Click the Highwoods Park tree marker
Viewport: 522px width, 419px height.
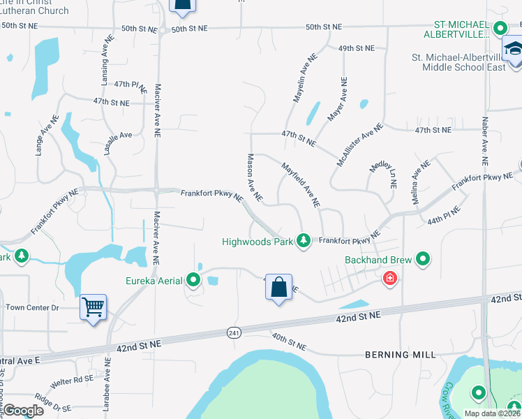[304, 241]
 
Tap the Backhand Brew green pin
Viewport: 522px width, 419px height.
[423, 260]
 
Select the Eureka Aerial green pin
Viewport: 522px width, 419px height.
[193, 281]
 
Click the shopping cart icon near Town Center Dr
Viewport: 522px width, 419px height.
[93, 306]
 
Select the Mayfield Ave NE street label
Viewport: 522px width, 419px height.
[300, 185]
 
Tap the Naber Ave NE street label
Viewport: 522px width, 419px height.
[484, 140]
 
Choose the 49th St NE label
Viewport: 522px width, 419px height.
[356, 48]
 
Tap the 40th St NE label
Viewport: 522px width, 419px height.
[289, 341]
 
